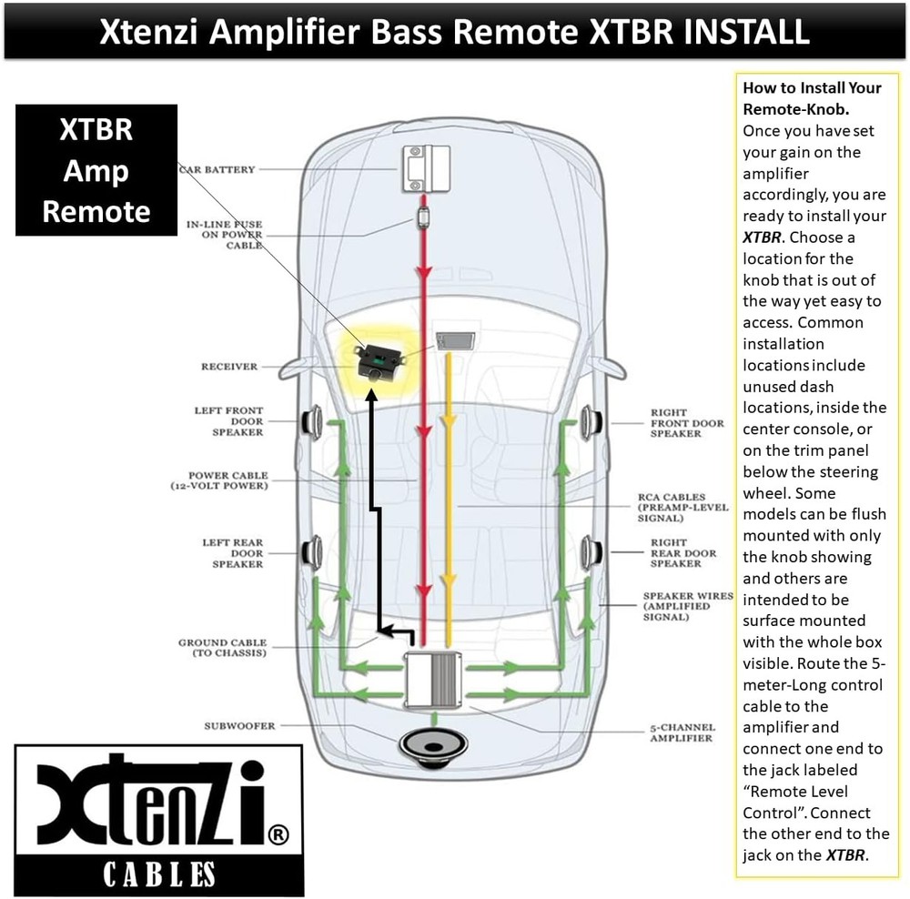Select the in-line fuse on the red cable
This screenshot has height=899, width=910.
[x=423, y=217]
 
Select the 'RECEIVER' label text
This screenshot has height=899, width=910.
[x=229, y=368]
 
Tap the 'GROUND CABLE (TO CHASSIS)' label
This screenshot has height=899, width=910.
[x=222, y=648]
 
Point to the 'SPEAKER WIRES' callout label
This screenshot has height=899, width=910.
[x=688, y=606]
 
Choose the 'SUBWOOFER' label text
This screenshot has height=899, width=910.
[x=239, y=726]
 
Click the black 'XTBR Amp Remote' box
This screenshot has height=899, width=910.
[x=96, y=170]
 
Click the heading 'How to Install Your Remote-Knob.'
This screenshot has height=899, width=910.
[x=812, y=98]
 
